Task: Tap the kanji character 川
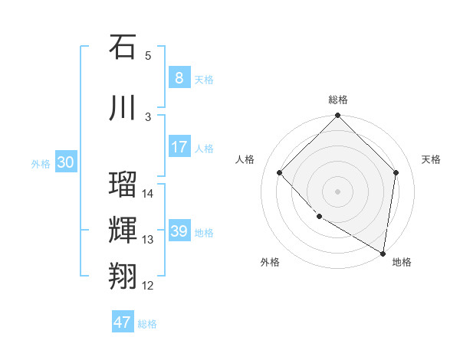[123, 106]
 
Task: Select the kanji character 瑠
[123, 184]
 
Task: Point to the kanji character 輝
[123, 230]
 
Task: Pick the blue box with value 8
[179, 77]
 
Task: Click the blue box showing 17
[179, 147]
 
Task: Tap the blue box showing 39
[179, 231]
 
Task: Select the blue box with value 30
[66, 162]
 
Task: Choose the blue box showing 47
[123, 322]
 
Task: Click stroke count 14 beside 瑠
[148, 194]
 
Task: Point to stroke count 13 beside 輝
[148, 240]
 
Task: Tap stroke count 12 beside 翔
[148, 286]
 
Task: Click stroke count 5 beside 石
[148, 56]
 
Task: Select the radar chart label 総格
[338, 100]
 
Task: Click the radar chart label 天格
[431, 159]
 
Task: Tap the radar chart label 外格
[270, 262]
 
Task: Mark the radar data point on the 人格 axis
[280, 172]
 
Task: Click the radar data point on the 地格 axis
[383, 253]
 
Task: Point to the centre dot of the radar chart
[337, 191]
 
